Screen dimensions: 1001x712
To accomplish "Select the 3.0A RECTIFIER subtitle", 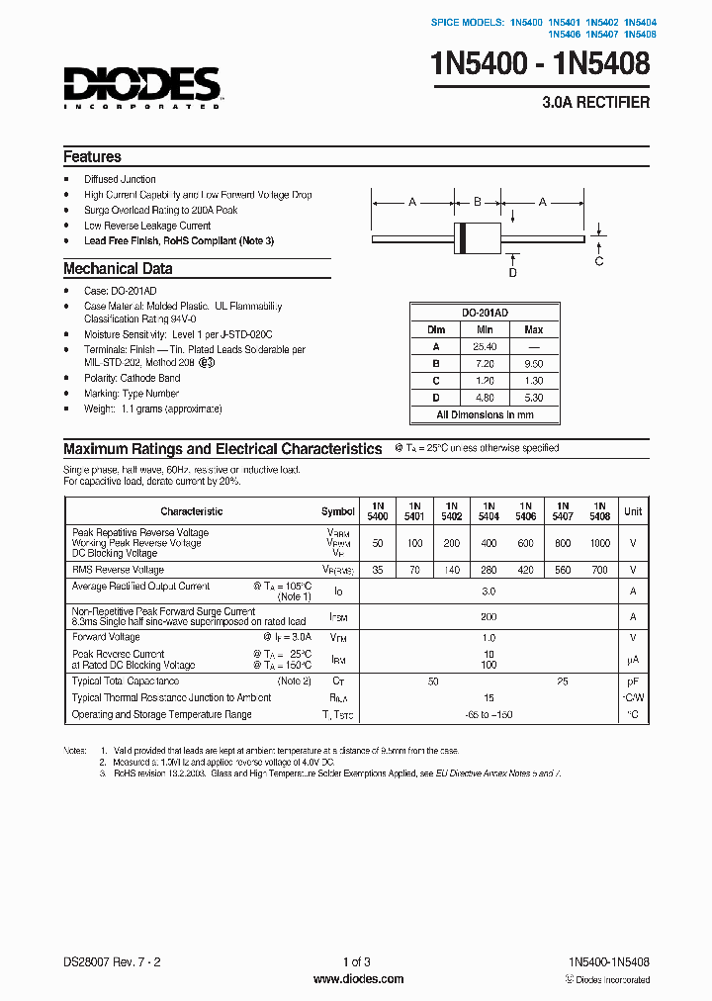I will [x=596, y=103].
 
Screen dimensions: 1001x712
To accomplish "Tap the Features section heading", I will [x=92, y=157].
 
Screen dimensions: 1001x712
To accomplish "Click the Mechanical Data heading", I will [x=118, y=269].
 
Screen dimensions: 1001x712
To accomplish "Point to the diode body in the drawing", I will [x=477, y=238].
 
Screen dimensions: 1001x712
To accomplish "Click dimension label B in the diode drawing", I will [x=477, y=202].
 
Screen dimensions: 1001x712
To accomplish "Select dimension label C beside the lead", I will [x=598, y=261].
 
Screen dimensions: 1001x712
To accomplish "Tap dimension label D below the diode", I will [x=512, y=273].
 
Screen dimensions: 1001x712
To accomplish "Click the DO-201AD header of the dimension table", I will [x=485, y=312].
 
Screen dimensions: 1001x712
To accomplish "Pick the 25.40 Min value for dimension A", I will [x=485, y=347].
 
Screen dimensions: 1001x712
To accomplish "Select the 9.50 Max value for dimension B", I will [x=533, y=364].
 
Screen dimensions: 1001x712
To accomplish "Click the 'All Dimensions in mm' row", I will [x=485, y=415].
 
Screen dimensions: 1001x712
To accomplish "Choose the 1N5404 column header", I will [x=489, y=511].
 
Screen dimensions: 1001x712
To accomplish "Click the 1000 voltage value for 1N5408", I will [x=599, y=544].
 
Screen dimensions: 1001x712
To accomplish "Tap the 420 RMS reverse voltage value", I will [x=525, y=570].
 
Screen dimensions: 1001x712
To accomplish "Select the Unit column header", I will [x=633, y=511].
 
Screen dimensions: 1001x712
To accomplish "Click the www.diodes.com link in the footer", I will [x=358, y=979].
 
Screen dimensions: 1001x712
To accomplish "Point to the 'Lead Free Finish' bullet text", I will [x=178, y=241].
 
